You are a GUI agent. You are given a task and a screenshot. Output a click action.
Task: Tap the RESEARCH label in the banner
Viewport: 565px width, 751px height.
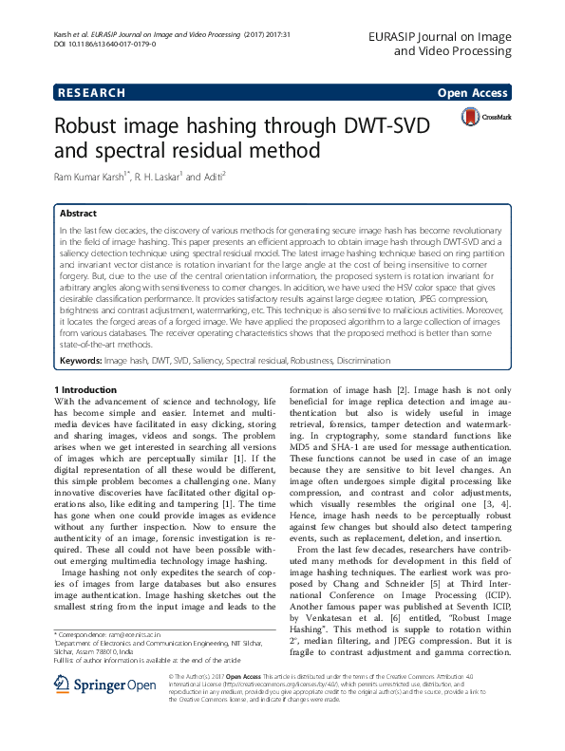(x=91, y=93)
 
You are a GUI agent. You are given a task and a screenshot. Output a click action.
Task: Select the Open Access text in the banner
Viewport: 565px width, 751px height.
(x=473, y=93)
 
